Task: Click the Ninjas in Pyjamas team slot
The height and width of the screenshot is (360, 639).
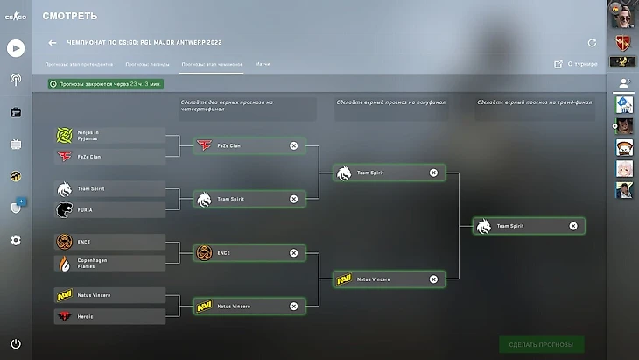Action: click(x=109, y=136)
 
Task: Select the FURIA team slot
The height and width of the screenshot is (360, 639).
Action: click(x=109, y=210)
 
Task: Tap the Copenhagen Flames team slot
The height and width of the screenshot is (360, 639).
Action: click(x=109, y=263)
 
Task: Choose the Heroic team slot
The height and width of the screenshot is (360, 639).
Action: click(x=109, y=316)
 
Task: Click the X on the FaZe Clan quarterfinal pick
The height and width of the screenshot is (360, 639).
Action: click(x=294, y=145)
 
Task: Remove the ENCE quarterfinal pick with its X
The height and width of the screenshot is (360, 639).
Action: click(x=294, y=253)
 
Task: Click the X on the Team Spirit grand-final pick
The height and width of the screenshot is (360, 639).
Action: click(x=573, y=226)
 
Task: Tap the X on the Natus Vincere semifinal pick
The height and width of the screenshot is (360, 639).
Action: click(x=433, y=279)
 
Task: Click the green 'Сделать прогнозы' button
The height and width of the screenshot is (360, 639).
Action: click(x=541, y=344)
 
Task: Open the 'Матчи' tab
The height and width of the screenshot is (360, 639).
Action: click(x=263, y=64)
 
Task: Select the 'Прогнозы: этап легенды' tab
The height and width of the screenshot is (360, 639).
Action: click(x=148, y=64)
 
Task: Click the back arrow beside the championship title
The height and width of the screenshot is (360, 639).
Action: click(x=53, y=42)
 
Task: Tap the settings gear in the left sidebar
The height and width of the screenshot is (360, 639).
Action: click(x=16, y=240)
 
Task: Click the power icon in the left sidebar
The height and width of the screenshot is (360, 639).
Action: click(x=16, y=343)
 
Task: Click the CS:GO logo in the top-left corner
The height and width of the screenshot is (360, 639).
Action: click(x=15, y=17)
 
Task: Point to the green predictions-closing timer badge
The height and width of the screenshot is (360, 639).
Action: click(x=105, y=84)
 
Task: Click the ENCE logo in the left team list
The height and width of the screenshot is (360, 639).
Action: click(x=65, y=242)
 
